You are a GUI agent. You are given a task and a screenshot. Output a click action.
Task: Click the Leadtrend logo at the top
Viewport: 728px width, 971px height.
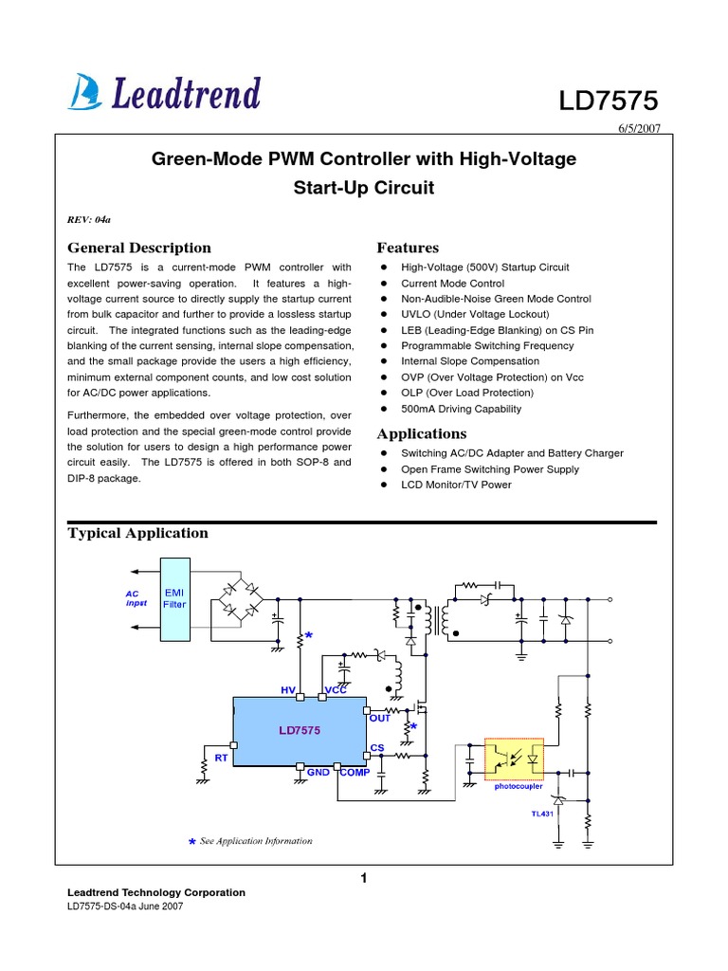[x=164, y=93]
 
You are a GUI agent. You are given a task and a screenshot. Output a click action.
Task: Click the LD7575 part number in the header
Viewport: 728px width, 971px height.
[x=607, y=101]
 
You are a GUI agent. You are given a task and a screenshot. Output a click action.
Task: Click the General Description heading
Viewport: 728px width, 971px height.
[x=139, y=247]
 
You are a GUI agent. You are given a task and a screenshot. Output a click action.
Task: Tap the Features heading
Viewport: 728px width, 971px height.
[x=408, y=247]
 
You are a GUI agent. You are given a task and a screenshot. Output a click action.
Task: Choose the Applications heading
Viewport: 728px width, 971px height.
[x=422, y=433]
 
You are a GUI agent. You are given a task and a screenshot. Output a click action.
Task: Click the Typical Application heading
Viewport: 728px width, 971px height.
[x=138, y=533]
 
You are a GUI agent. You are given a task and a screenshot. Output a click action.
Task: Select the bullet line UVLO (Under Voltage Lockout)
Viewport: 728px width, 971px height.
[x=474, y=314]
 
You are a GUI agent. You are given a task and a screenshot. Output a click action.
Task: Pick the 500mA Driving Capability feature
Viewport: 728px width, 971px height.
[x=461, y=409]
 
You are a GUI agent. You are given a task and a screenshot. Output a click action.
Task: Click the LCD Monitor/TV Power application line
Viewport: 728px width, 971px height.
[x=456, y=485]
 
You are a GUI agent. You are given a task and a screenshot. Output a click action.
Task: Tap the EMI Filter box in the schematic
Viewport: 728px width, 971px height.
[x=175, y=597]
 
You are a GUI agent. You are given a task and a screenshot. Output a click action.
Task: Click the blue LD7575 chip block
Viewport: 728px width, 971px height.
[x=300, y=730]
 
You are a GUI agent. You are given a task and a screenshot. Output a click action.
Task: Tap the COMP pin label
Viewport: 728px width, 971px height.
[x=355, y=773]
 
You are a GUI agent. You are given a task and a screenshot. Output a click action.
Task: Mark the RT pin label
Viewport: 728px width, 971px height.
[x=221, y=758]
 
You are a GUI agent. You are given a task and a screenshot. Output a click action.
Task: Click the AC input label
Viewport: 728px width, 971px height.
[x=132, y=597]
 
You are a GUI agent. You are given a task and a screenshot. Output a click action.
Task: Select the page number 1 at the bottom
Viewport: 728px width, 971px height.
[x=364, y=879]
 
